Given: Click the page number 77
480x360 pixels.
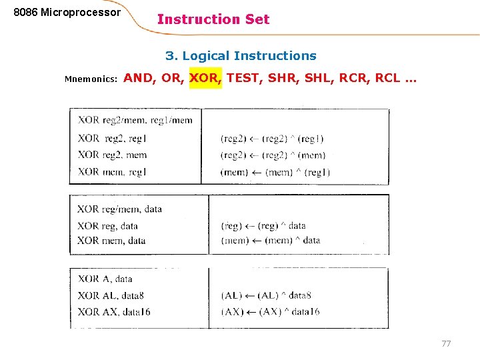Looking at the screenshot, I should (x=446, y=344).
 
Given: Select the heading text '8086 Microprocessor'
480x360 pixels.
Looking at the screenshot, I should (x=67, y=13).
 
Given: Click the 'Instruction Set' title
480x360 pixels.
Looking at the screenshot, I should (x=213, y=19).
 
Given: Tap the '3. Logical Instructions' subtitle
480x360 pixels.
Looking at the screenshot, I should (x=241, y=56).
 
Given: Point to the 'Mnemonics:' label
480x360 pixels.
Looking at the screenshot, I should (x=91, y=79).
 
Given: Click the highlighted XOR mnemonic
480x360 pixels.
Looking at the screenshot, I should (x=204, y=78).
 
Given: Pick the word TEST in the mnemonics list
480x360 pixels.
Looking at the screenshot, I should (x=243, y=78).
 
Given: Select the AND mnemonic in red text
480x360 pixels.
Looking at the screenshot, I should (x=138, y=78).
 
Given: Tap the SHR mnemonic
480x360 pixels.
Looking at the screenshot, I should (x=283, y=78).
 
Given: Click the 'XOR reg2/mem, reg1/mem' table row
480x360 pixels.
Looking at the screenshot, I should (x=135, y=121).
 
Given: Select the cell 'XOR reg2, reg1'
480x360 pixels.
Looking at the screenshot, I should (x=111, y=139).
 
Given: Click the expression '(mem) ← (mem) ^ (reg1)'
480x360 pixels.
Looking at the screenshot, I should (x=275, y=172).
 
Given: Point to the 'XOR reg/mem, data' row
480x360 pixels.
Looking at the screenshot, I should (x=119, y=209).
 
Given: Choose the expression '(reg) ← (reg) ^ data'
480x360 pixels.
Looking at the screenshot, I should (x=263, y=226).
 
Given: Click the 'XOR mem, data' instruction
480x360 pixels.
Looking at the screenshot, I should (x=111, y=241).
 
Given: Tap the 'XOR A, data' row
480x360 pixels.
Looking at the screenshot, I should (x=105, y=279).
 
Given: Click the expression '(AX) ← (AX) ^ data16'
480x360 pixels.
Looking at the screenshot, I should (x=270, y=312).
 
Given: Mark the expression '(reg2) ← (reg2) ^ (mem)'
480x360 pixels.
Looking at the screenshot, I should (x=273, y=155).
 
